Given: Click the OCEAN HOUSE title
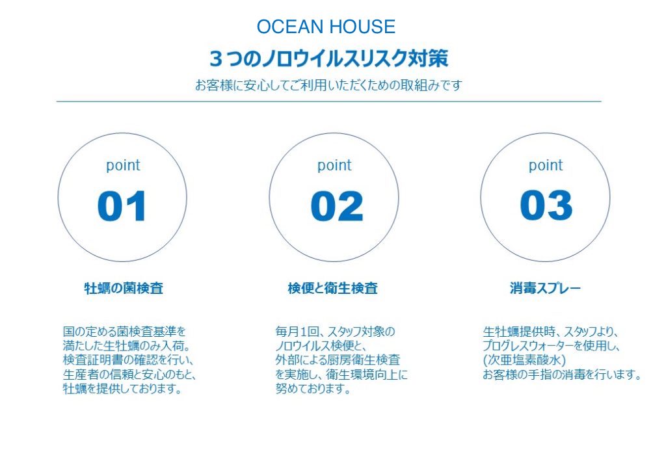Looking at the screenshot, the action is click(x=326, y=27).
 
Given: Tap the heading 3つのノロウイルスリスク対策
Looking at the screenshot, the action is click(x=328, y=59).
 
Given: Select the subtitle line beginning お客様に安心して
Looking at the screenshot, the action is click(x=328, y=85).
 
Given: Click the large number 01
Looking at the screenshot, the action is click(x=122, y=206).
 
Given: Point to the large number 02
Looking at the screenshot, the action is click(x=337, y=206).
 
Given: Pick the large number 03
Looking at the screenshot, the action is click(x=546, y=205).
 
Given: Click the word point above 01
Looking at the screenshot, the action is click(x=123, y=165).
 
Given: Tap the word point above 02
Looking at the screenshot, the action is click(x=334, y=165).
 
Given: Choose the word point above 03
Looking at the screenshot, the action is click(x=546, y=165).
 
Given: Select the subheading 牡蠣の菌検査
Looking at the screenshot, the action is click(x=124, y=288).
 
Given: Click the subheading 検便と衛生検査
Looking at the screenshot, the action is click(x=332, y=288).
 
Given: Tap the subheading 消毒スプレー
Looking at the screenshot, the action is click(x=545, y=288).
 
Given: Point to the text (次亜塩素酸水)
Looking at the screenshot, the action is click(x=525, y=360).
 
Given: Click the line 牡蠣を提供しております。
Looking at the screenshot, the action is click(x=122, y=388).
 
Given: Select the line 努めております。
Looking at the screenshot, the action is click(x=313, y=388).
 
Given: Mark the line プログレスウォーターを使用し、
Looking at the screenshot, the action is click(x=552, y=345).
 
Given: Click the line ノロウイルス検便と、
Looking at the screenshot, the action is click(x=321, y=345).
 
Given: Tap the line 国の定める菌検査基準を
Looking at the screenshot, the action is click(x=124, y=331).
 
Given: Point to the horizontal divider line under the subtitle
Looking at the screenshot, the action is click(x=328, y=101).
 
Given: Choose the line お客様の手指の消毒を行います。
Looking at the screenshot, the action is click(x=562, y=375).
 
